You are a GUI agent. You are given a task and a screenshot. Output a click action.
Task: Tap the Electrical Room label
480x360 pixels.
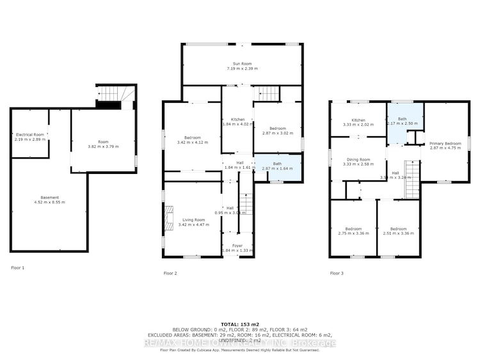click(30, 137)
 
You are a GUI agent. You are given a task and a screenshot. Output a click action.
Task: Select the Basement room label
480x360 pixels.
click(49, 200)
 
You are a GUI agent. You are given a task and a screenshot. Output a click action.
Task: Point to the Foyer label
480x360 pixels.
click(237, 247)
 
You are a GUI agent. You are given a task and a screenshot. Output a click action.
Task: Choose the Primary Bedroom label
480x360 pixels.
click(445, 145)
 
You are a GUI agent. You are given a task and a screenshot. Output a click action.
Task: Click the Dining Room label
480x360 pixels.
click(357, 162)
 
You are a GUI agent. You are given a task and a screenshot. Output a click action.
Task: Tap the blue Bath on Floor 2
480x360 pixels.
click(278, 166)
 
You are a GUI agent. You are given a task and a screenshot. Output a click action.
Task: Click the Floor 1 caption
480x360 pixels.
click(18, 267)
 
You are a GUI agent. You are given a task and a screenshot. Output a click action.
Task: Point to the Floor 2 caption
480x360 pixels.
click(170, 273)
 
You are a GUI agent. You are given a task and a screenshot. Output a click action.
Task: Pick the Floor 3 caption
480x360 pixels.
click(337, 273)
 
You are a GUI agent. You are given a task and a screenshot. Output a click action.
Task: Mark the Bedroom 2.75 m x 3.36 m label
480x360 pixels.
click(353, 231)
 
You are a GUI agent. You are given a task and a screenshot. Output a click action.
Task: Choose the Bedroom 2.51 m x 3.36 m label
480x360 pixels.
click(398, 231)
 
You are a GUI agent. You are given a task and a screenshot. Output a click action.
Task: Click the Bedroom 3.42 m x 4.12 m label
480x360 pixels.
click(193, 140)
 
